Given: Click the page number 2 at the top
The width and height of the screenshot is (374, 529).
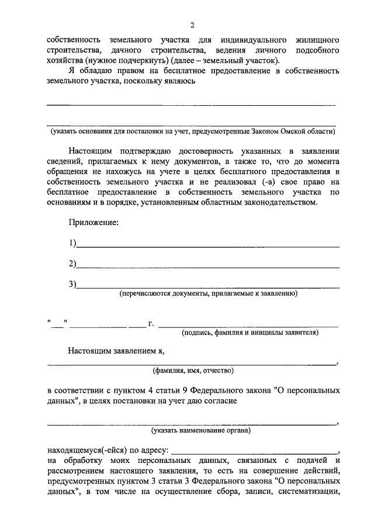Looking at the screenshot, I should click(x=191, y=25).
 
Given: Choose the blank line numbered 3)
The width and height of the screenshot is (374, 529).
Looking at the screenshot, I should click(x=207, y=286).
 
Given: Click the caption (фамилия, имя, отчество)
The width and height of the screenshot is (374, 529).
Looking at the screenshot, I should click(x=193, y=371).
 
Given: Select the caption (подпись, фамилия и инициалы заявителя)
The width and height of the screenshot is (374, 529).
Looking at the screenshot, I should click(x=250, y=333).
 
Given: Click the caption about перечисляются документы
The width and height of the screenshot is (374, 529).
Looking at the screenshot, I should click(x=209, y=293).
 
